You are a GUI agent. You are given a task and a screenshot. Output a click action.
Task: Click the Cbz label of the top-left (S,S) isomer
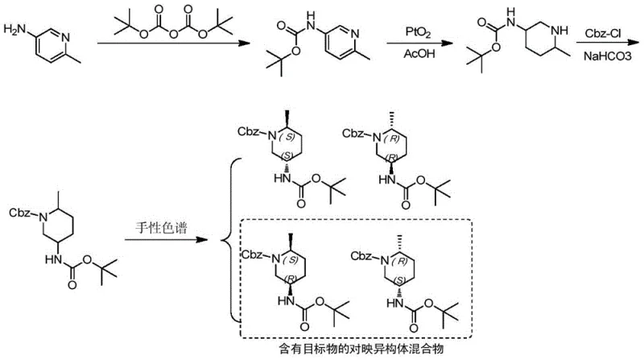[x=251, y=131]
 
